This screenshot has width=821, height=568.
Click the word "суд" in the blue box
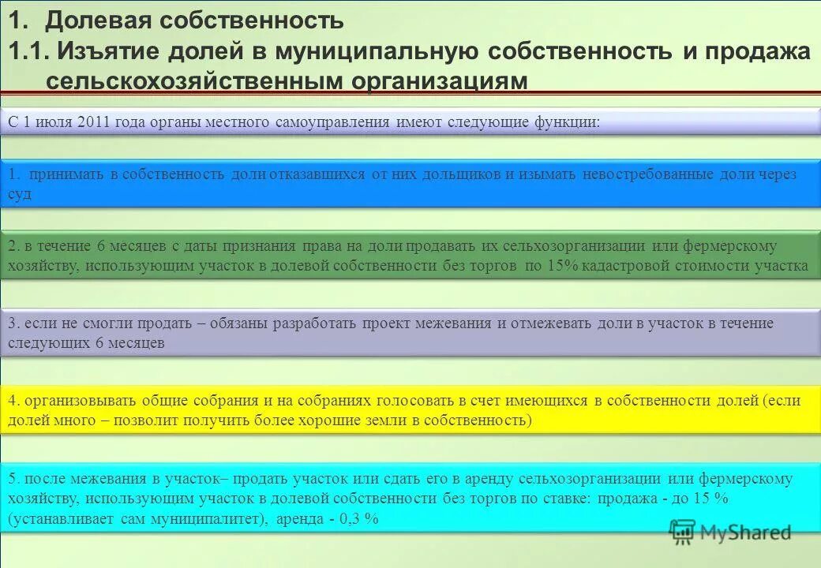tap(20, 195)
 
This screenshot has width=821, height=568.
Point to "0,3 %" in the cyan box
tap(362, 519)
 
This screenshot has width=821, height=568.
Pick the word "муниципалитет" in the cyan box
tap(210, 519)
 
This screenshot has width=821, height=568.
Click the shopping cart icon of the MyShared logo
tap(682, 532)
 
